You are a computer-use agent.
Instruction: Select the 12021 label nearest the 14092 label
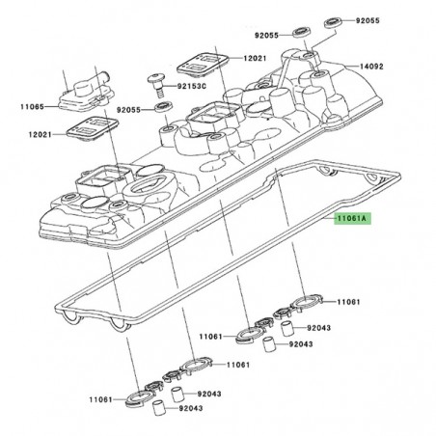tap(255, 59)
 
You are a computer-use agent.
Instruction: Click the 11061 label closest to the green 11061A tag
tap(349, 302)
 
